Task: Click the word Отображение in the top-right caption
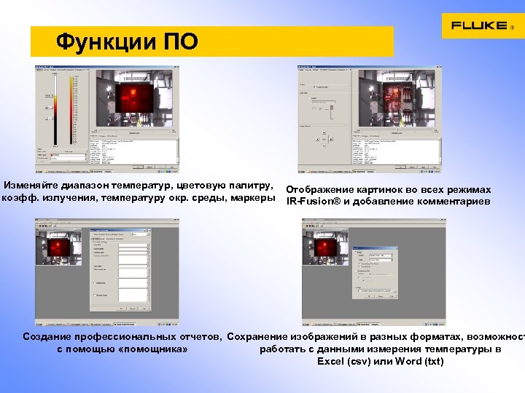tap(320, 189)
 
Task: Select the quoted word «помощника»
tap(155, 349)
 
